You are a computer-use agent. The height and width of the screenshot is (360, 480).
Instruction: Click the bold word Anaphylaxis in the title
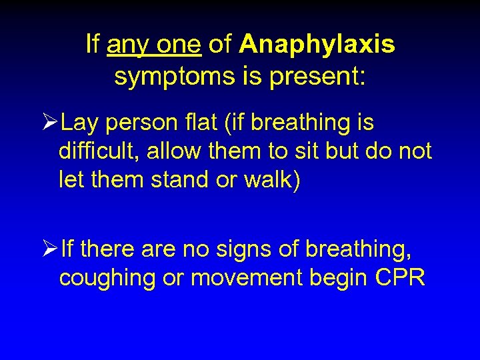tap(317, 45)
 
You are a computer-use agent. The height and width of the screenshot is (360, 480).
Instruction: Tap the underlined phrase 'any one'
tap(154, 45)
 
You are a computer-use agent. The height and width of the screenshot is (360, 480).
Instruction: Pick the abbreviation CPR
tap(399, 278)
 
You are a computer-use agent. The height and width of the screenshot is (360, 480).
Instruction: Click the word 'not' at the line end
tap(415, 151)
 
